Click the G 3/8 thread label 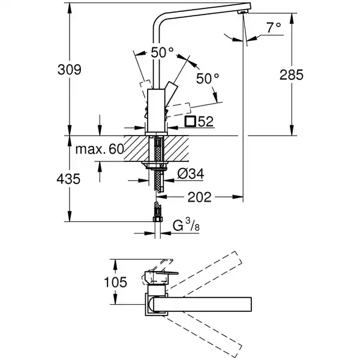click(x=187, y=227)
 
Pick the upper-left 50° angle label click(x=161, y=53)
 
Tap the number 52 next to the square click(x=205, y=122)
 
